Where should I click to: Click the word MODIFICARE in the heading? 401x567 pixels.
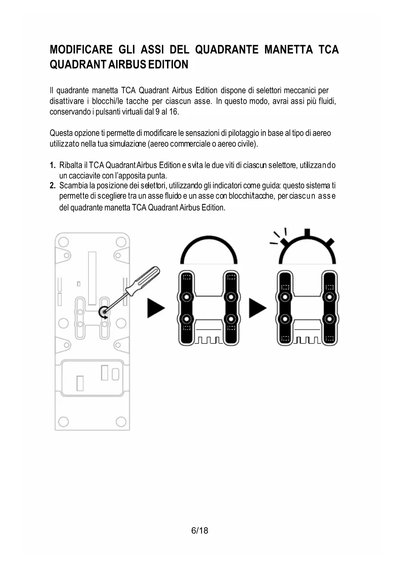pos(81,49)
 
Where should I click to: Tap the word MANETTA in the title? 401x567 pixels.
pos(288,49)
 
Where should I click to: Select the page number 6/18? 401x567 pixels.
pos(200,530)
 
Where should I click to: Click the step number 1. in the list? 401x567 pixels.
pos(53,165)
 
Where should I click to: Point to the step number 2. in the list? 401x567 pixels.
pos(53,186)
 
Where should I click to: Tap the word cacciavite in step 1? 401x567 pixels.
pos(84,176)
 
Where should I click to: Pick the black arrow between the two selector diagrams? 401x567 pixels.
pos(257,308)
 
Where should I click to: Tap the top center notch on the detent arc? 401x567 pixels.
pos(307,233)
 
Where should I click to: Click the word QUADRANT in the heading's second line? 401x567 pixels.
pos(78,64)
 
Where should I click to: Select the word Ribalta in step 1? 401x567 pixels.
pos(71,165)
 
